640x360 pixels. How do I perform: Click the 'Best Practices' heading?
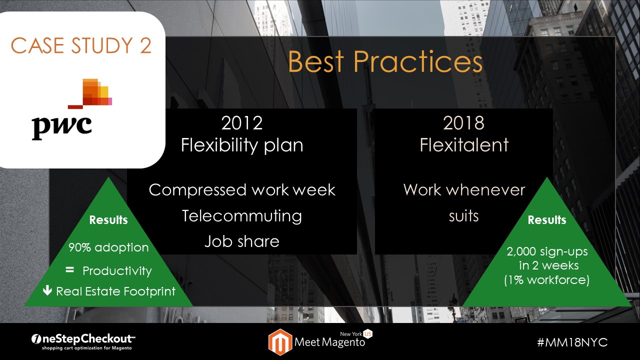tap(385, 61)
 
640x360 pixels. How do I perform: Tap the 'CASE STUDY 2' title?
tap(81, 45)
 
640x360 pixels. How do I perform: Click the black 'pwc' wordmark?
tap(61, 127)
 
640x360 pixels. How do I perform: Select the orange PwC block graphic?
tap(90, 93)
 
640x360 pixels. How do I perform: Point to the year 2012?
tap(241, 123)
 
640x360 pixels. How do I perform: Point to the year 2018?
tap(463, 123)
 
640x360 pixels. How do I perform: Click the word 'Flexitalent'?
tap(464, 145)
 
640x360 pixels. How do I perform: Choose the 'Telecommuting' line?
tap(242, 215)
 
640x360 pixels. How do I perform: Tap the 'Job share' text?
tap(241, 241)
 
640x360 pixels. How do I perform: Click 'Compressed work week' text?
tap(242, 190)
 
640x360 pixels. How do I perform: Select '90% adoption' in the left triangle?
tap(108, 247)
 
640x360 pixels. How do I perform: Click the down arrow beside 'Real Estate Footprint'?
tap(47, 290)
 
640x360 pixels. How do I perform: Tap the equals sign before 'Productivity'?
tap(69, 269)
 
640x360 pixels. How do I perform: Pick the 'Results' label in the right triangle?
tap(547, 220)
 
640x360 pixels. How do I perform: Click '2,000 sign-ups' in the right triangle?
tap(547, 251)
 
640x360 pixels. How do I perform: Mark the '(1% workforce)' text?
tap(546, 280)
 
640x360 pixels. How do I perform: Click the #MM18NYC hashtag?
tap(572, 342)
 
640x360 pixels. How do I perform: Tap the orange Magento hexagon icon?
tap(280, 342)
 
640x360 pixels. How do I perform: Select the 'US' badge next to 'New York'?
tap(368, 333)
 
